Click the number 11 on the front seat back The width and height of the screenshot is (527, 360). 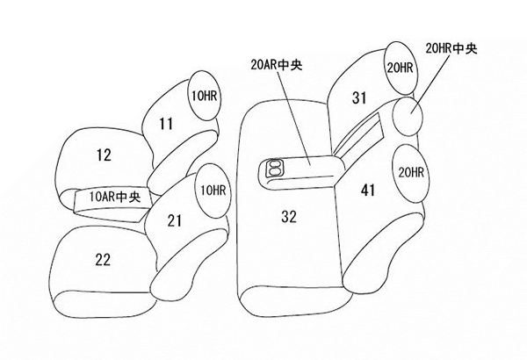click(x=166, y=124)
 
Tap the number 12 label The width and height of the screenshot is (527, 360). click(x=104, y=155)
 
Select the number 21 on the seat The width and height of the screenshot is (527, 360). click(x=175, y=221)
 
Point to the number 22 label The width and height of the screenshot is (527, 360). click(x=103, y=260)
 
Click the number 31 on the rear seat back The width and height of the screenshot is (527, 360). click(x=359, y=97)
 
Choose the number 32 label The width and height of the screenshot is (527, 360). click(x=289, y=217)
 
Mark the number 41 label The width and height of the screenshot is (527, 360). click(x=368, y=191)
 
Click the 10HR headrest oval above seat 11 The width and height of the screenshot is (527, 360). click(x=205, y=96)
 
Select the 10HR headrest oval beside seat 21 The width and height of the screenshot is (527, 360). click(x=213, y=191)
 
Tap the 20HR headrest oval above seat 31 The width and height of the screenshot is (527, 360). click(x=400, y=68)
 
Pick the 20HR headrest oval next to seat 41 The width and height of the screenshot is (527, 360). click(x=411, y=173)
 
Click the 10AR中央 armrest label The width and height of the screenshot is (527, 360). click(x=114, y=197)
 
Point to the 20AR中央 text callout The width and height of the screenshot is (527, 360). click(x=277, y=65)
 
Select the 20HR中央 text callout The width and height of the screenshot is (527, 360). click(x=451, y=48)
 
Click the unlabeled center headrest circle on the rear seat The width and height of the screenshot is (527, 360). click(x=408, y=116)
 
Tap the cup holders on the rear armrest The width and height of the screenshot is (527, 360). click(x=275, y=168)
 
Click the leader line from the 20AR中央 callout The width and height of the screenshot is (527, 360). click(x=294, y=118)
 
